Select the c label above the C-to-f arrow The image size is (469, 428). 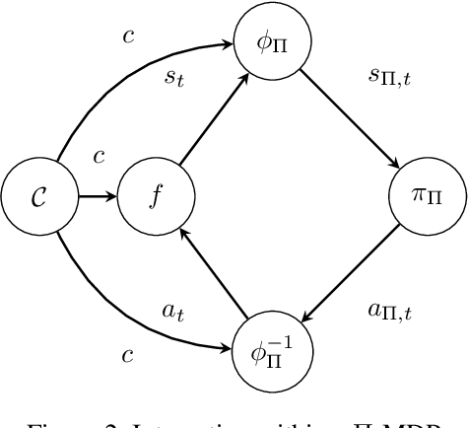coord(99,157)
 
